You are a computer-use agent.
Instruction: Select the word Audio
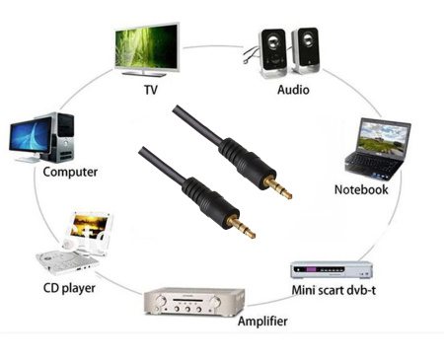coord(292,90)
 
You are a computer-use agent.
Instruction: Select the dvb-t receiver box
coord(332,269)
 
